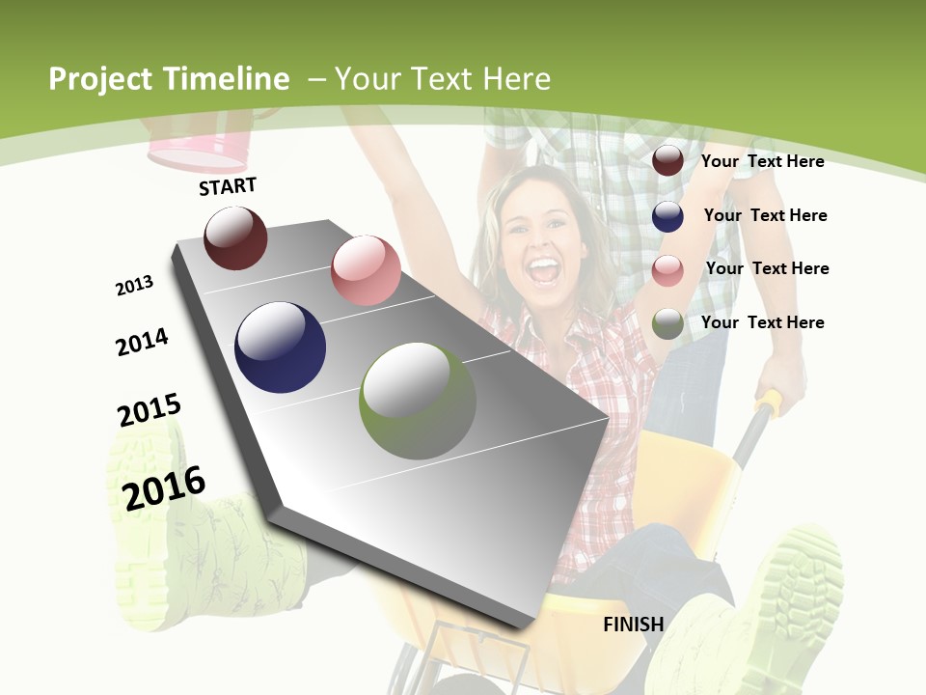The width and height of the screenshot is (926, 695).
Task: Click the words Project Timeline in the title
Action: click(x=169, y=79)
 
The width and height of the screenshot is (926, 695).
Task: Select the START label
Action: click(x=228, y=186)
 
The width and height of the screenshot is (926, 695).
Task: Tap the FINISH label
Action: click(x=633, y=625)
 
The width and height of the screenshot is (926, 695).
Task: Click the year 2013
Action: click(x=134, y=286)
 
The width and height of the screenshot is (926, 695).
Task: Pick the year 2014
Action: click(x=142, y=343)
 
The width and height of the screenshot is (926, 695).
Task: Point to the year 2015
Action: click(x=150, y=410)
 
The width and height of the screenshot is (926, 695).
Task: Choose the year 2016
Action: click(x=164, y=487)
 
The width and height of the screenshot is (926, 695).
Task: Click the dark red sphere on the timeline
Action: click(x=235, y=238)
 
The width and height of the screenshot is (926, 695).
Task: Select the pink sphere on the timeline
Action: click(x=366, y=270)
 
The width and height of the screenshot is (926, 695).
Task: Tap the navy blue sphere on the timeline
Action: click(x=280, y=347)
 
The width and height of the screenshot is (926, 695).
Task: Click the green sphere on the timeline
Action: click(x=418, y=401)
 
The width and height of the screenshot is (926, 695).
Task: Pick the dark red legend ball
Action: click(x=667, y=161)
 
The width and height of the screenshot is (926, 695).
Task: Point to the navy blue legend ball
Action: click(x=667, y=216)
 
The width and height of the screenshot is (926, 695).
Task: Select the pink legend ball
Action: click(x=667, y=270)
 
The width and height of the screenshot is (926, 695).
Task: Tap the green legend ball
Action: click(x=667, y=323)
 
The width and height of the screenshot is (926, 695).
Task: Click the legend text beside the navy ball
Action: click(x=765, y=215)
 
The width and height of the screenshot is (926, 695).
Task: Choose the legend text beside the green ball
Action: click(x=762, y=322)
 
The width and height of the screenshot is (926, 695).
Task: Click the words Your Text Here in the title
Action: click(x=443, y=79)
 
